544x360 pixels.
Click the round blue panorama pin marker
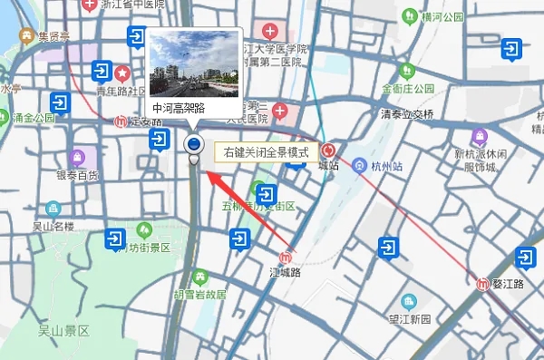tap(193, 143)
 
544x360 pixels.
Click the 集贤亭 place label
tap(53, 36)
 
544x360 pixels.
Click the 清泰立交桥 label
tap(407, 113)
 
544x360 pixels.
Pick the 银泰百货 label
tap(77, 174)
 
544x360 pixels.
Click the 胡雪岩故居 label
tap(199, 295)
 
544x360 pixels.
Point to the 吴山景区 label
tap(64, 330)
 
